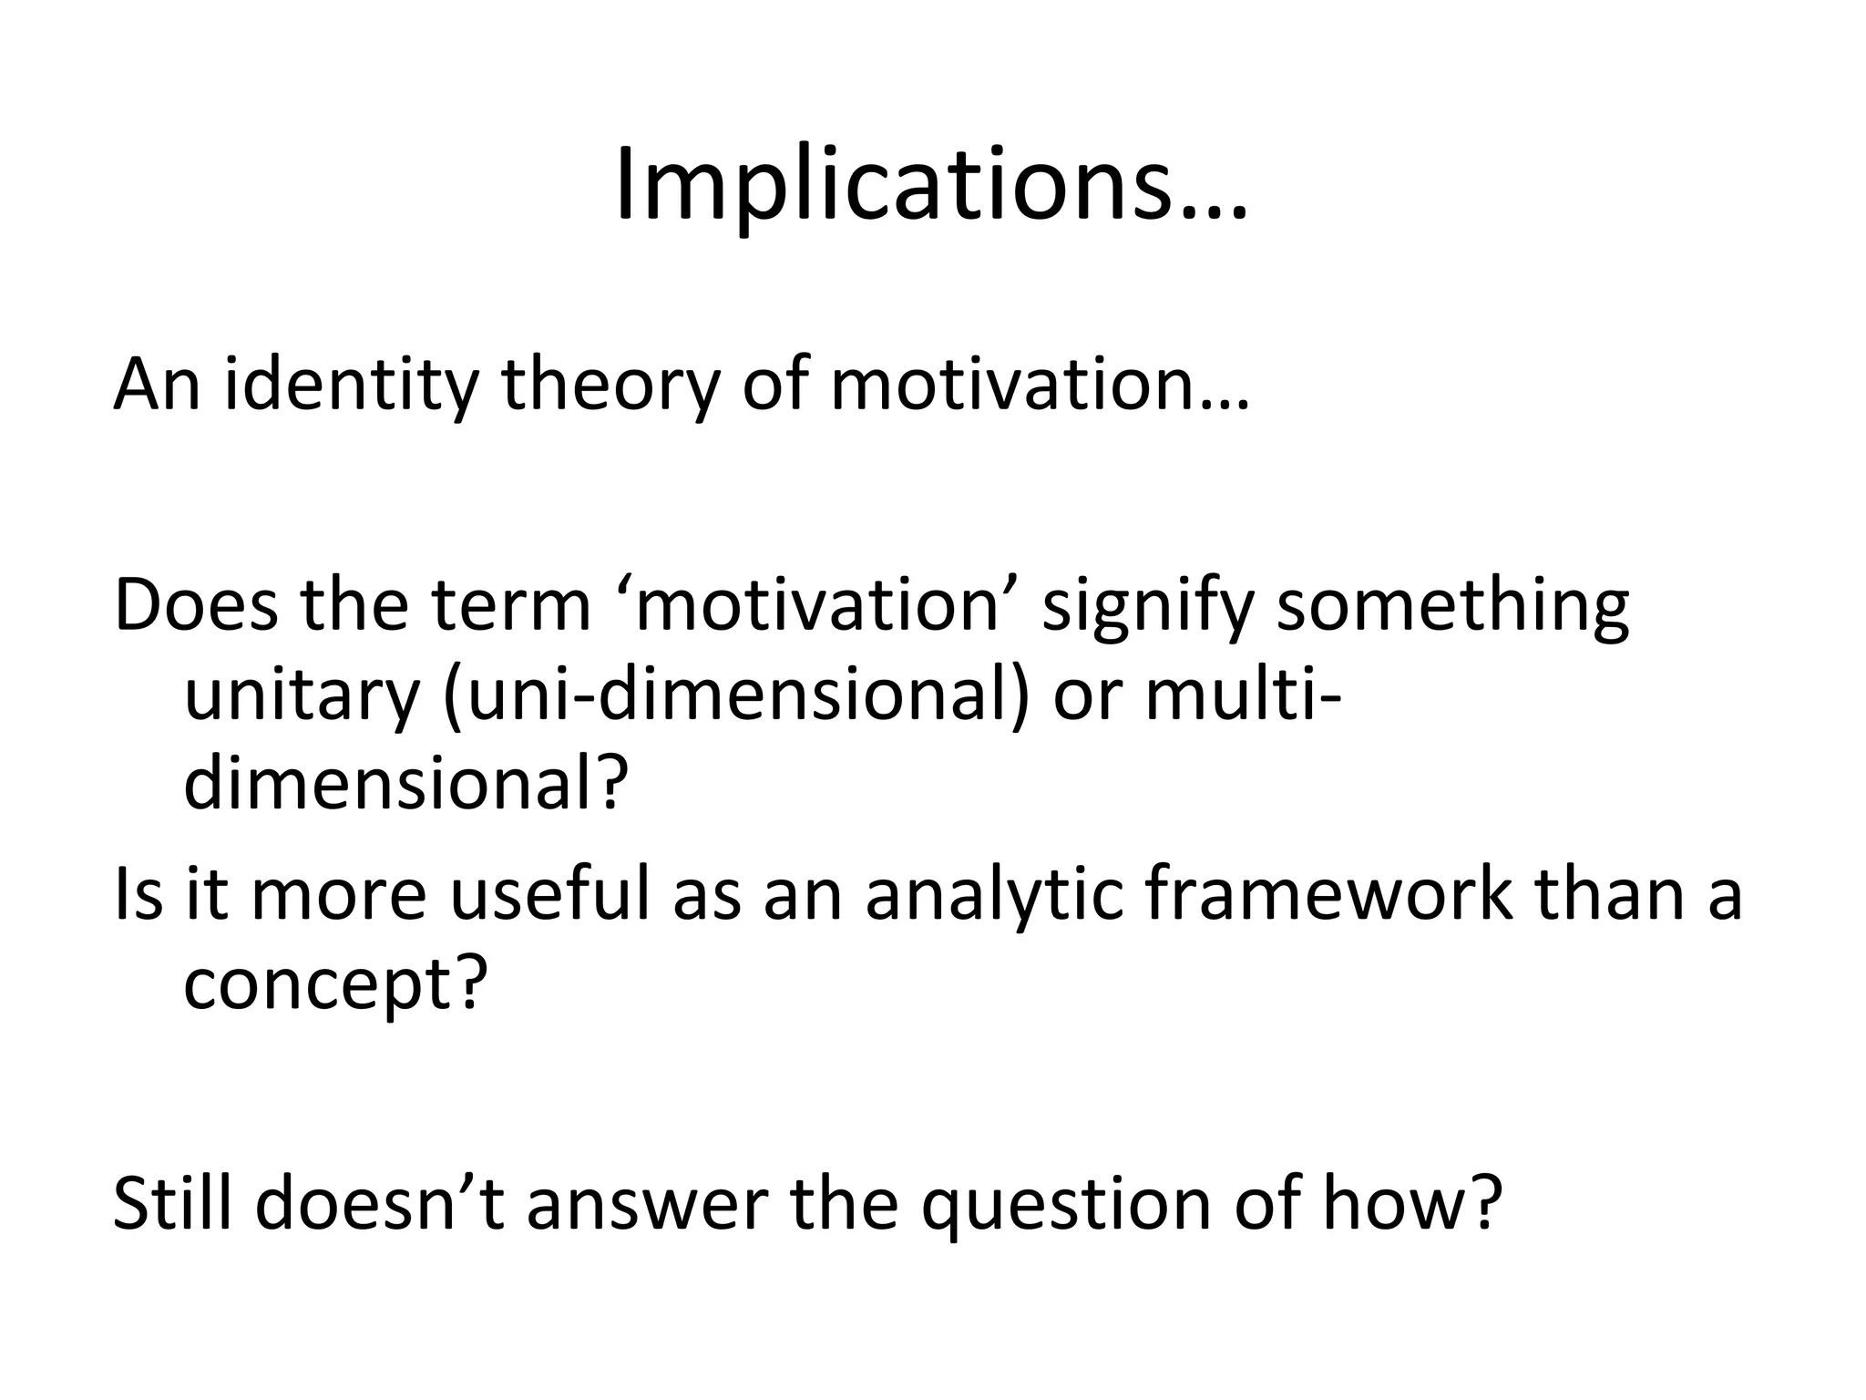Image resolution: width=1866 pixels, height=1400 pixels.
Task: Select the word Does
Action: click(x=195, y=606)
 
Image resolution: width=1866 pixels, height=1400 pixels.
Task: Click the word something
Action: click(x=1452, y=606)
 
